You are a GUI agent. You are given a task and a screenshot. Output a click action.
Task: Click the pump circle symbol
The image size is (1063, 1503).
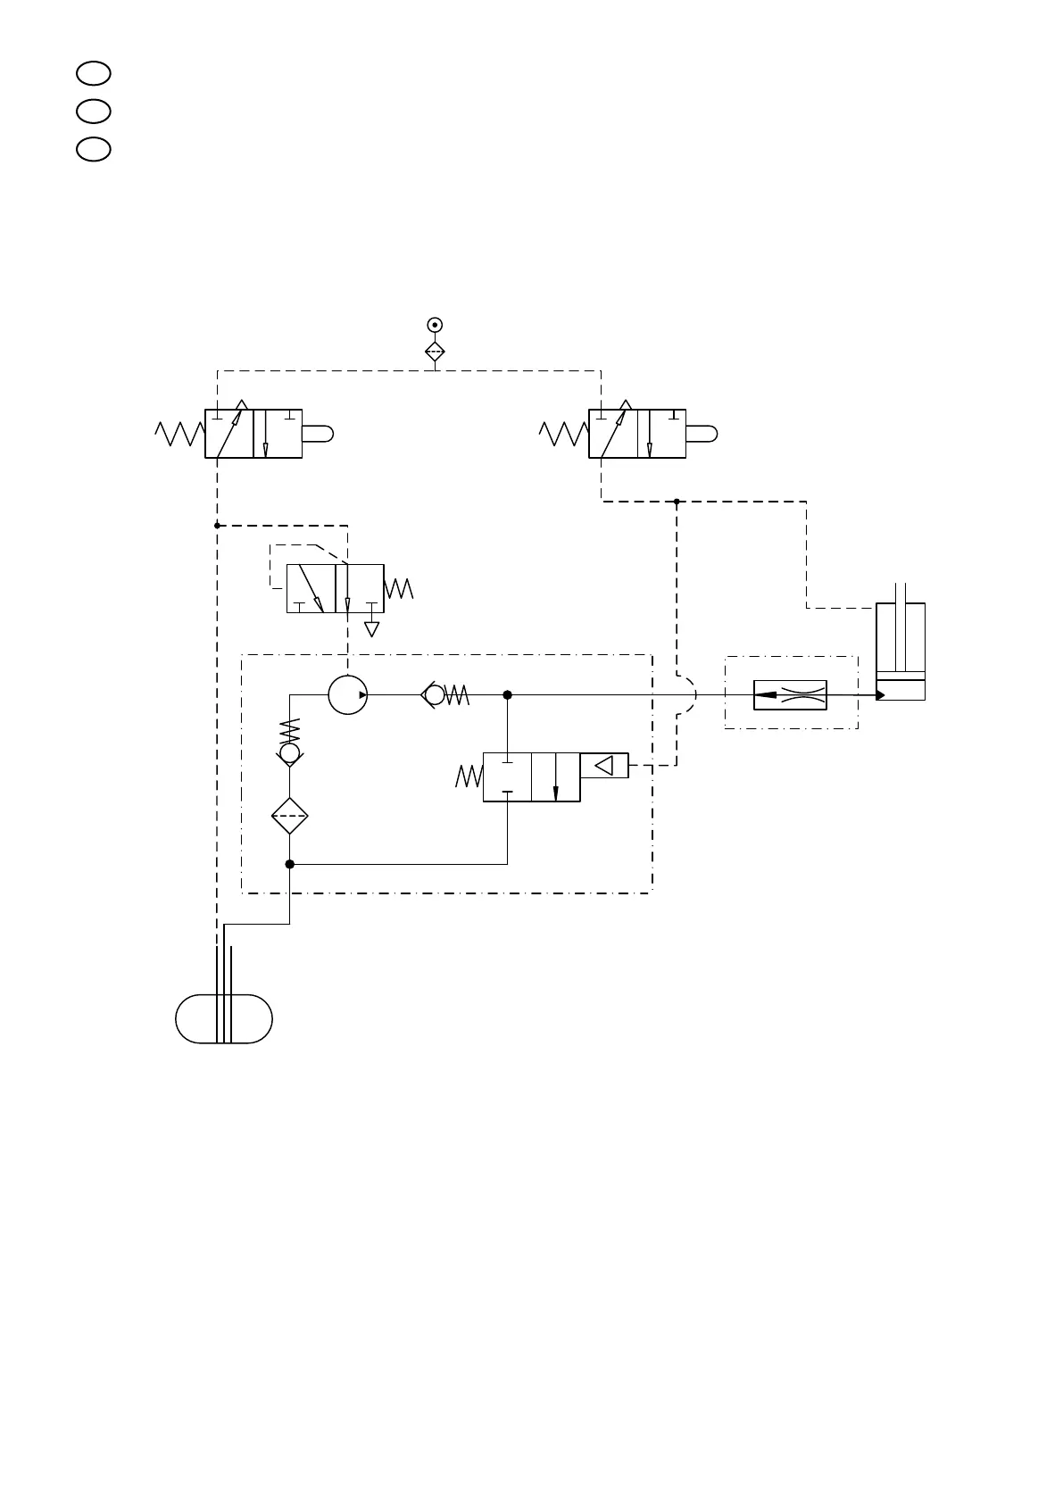coord(347,694)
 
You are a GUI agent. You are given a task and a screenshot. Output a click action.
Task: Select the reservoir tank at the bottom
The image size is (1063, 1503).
coord(224,1018)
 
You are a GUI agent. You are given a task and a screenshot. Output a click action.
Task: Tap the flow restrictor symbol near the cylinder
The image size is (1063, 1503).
coord(790,694)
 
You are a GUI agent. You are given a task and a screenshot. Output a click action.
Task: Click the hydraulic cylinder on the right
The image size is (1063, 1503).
coord(900,652)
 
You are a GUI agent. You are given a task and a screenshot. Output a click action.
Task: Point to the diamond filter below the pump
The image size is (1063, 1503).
coord(289,816)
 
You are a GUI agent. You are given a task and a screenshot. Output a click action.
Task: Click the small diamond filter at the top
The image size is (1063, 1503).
coord(435,352)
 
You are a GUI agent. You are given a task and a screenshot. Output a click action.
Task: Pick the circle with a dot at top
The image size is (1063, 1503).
coord(435,325)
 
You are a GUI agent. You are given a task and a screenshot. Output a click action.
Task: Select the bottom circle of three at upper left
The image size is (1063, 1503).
coord(93,149)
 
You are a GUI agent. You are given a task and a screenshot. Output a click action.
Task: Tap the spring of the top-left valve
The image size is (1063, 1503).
coord(179,434)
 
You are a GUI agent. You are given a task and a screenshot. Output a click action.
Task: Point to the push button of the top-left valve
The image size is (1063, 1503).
coord(317,434)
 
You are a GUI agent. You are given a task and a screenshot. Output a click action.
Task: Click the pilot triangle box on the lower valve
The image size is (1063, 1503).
coord(604,765)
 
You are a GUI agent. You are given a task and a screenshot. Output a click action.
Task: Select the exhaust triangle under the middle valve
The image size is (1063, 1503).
coord(372,628)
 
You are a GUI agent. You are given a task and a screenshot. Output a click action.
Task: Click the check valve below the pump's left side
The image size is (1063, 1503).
coord(289,753)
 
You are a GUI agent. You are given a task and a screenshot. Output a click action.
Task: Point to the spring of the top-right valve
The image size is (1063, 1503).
coord(564,434)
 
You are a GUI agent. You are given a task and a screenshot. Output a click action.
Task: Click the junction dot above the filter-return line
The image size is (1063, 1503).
coord(289,864)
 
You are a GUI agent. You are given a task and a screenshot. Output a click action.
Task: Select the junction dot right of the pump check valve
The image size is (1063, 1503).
coord(507,694)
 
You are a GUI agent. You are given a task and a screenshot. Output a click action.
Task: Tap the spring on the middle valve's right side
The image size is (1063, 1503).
coord(399,589)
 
